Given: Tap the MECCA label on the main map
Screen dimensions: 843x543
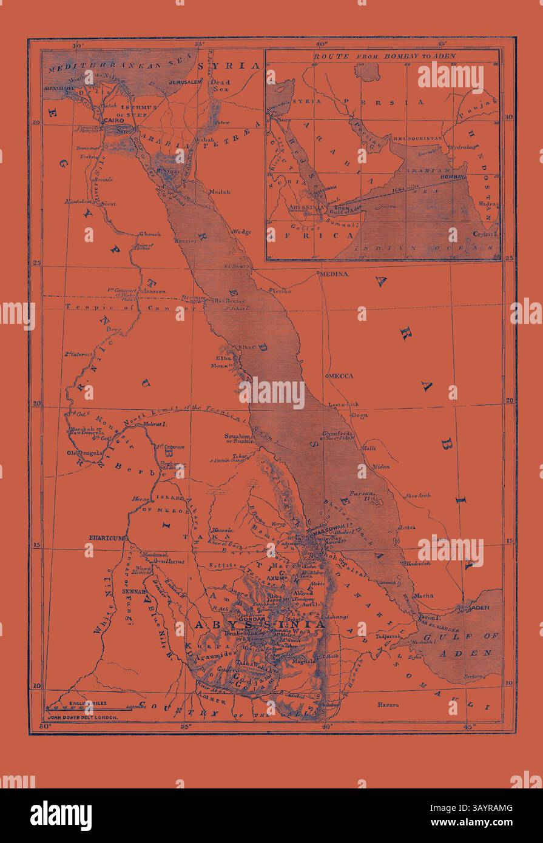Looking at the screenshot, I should tap(341, 376).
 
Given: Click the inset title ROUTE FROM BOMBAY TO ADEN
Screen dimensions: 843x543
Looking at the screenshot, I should tap(384, 56).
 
